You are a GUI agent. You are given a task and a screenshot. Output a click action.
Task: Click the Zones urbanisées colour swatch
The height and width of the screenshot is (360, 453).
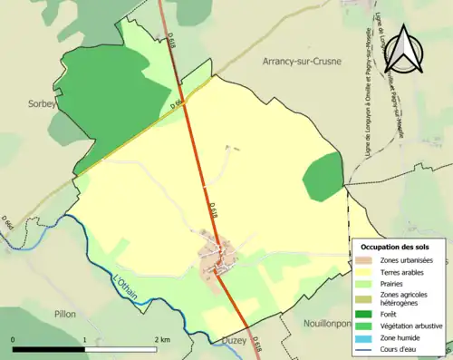pyautogui.click(x=362, y=260)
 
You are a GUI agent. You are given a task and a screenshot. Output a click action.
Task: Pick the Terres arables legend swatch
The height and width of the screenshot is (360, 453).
pyautogui.click(x=362, y=271)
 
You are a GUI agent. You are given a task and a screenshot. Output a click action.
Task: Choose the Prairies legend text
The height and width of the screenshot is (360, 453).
pyautogui.click(x=391, y=283)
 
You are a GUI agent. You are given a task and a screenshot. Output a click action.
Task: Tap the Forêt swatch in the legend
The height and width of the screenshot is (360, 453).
pyautogui.click(x=362, y=314)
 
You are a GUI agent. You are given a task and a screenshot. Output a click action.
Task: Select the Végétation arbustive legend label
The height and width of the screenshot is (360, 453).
pyautogui.click(x=410, y=326)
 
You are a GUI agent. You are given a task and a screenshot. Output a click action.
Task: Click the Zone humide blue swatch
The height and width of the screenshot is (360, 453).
pyautogui.click(x=362, y=336)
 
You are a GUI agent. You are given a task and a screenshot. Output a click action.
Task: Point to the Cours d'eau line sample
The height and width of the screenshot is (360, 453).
pyautogui.click(x=362, y=347)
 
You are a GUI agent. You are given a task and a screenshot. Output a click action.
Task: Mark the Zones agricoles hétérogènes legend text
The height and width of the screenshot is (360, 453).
pyautogui.click(x=405, y=298)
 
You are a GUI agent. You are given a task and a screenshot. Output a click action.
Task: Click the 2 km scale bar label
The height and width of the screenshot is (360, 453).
pyautogui.click(x=163, y=339)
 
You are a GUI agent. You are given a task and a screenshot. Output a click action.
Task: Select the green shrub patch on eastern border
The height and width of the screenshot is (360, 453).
pyautogui.click(x=323, y=177)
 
